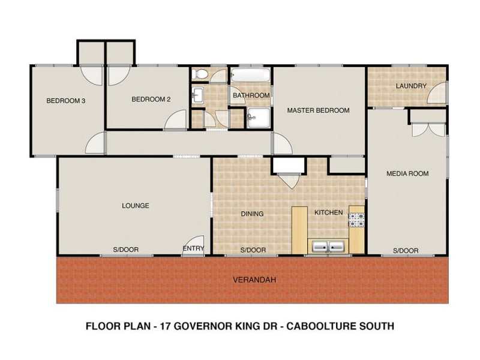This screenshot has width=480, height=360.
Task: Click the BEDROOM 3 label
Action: [66, 101]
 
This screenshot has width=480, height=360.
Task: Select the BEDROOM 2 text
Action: [151, 100]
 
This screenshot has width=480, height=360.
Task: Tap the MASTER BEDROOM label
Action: [318, 110]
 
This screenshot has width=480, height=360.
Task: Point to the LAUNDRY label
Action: [411, 86]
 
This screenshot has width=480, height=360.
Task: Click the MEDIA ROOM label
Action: [407, 174]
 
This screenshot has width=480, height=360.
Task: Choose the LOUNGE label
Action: [135, 206]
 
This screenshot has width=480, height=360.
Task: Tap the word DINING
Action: [252, 214]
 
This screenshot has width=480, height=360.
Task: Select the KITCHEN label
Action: [328, 212]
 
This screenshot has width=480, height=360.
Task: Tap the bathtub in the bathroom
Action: [250, 76]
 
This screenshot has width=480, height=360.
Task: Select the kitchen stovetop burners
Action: [356, 220]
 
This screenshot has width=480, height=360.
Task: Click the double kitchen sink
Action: [327, 246]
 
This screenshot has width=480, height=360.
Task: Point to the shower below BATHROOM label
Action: [259, 118]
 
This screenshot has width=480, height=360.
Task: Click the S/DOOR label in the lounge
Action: [125, 250]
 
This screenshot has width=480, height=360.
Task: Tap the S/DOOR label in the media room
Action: [406, 251]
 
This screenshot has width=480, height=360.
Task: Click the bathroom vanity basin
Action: [199, 94]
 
